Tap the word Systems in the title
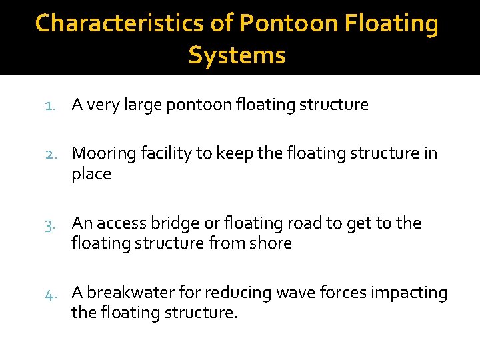point(237,55)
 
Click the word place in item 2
point(91,174)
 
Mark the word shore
point(271,243)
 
